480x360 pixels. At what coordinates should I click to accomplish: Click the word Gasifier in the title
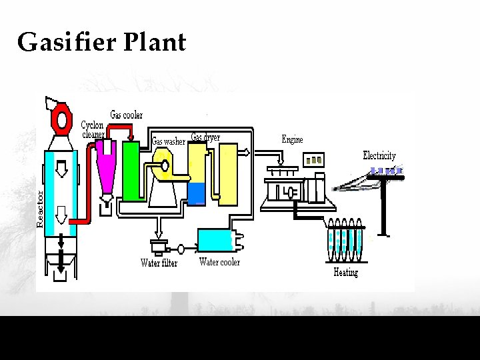pos(67,43)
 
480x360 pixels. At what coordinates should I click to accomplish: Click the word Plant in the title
pos(155,43)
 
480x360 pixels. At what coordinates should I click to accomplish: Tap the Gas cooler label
pos(126,115)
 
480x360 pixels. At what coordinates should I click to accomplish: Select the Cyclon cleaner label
pos(93,129)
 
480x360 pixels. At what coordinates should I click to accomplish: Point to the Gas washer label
pos(168,141)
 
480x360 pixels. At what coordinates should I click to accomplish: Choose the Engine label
pos(292,139)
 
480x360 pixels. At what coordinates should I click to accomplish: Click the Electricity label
pos(379,155)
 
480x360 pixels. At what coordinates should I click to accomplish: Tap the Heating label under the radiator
pos(345,272)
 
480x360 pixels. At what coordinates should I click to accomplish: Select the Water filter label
pos(159,263)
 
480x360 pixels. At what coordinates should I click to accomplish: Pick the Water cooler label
pos(219,262)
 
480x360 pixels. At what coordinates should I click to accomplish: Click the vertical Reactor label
pos(40,209)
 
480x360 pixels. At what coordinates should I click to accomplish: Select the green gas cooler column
pos(131,170)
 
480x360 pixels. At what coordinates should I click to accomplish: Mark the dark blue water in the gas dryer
pos(197,193)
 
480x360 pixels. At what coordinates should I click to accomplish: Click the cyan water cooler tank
pos(216,239)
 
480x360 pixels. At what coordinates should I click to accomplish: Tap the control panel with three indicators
pos(313,160)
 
